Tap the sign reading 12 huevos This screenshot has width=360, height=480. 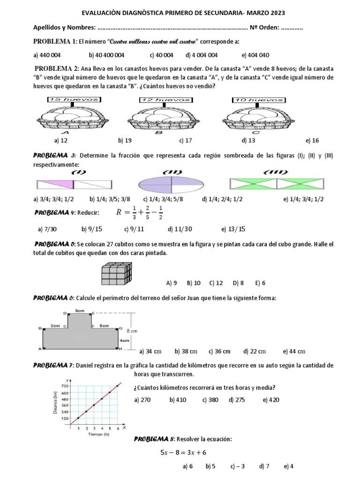[165, 100]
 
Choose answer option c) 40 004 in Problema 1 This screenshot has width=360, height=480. [162, 55]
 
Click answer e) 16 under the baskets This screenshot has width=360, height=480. [312, 140]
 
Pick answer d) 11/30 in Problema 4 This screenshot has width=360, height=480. [180, 229]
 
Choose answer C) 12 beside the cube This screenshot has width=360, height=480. [217, 283]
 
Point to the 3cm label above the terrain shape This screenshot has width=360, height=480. [79, 310]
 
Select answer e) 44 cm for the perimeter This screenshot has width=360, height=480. [294, 351]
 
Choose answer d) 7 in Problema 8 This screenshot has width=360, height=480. [264, 466]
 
